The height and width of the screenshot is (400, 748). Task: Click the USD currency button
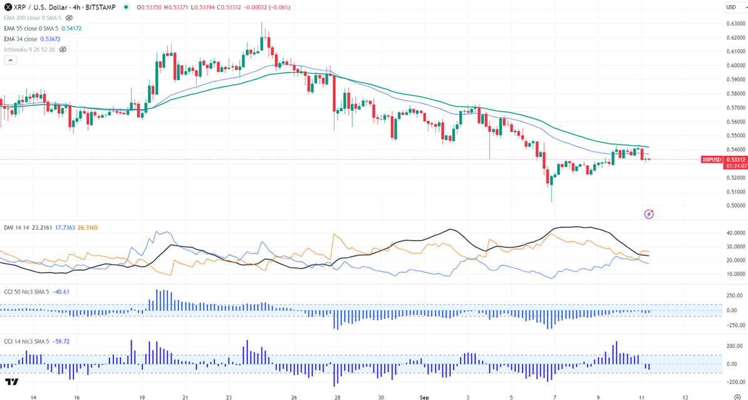(731, 7)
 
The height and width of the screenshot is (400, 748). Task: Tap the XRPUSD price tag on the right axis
(712, 160)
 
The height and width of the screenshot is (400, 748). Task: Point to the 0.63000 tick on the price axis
(734, 24)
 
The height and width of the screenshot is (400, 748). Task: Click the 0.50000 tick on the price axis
(734, 205)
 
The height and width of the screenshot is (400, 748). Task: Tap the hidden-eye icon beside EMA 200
(69, 18)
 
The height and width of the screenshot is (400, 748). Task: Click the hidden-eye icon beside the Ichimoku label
(63, 49)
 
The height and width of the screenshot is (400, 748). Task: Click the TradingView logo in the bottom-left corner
(11, 381)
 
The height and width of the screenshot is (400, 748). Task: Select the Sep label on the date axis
(423, 397)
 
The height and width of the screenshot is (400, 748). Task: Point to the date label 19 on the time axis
(142, 397)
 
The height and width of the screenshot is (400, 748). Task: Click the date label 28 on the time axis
(337, 397)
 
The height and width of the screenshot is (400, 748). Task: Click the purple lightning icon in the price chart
(650, 214)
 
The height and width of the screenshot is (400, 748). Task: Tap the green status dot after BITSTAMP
(127, 7)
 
